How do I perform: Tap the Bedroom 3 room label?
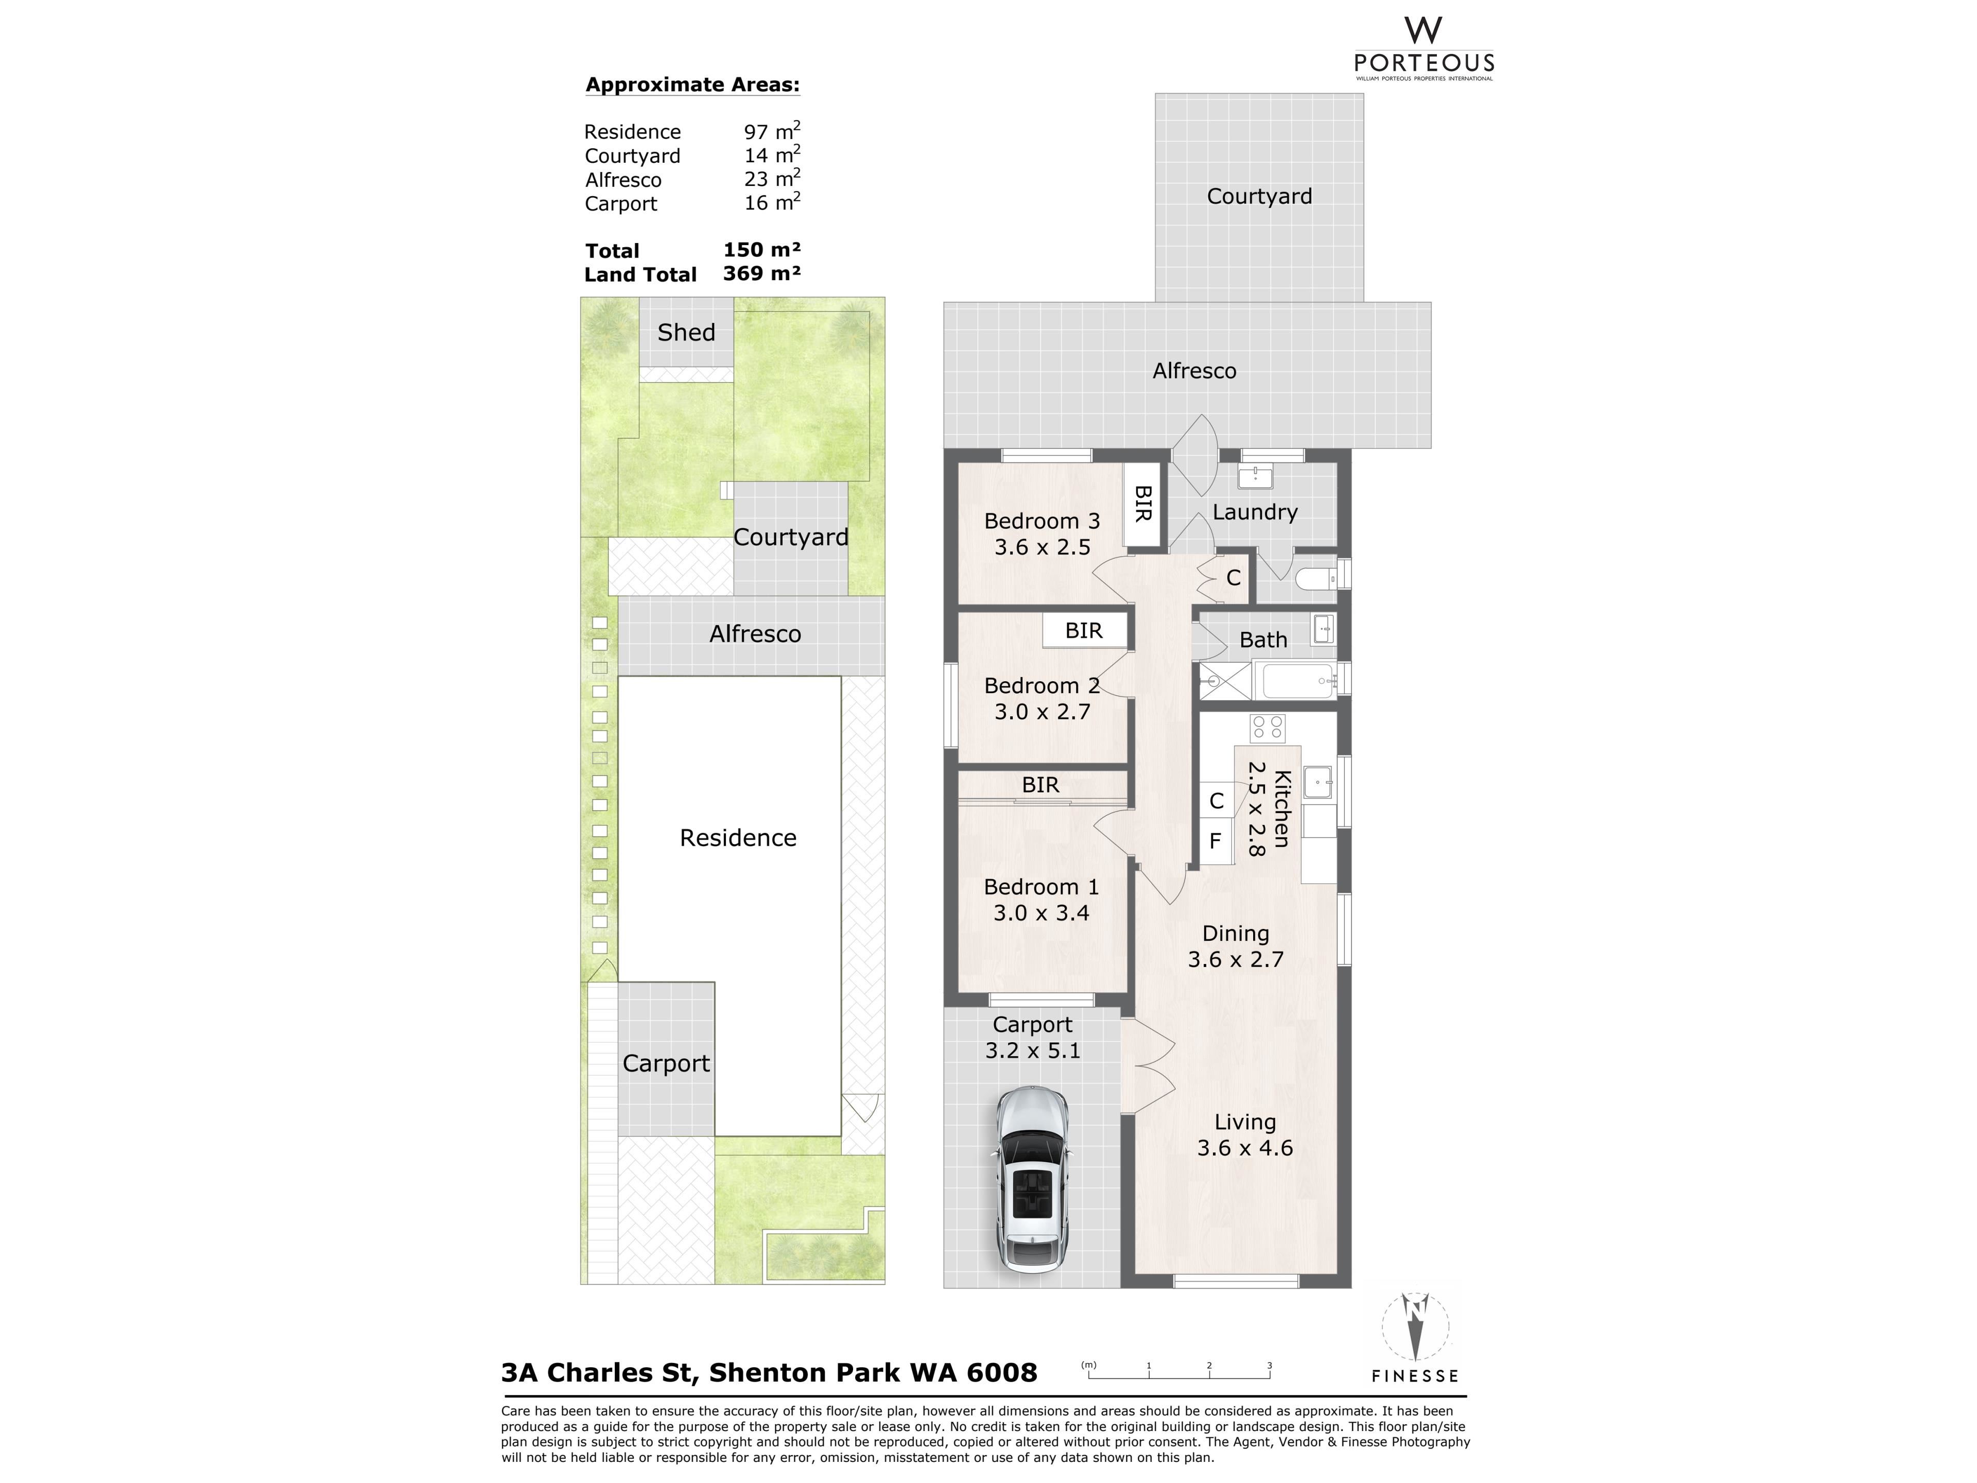coord(1042,521)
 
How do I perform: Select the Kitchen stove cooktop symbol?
coord(1268,729)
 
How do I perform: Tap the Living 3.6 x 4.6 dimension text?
coord(1245,1148)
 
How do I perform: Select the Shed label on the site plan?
coord(686,333)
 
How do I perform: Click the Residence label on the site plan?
coord(738,838)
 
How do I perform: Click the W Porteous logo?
coord(1424,49)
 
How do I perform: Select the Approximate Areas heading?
coord(692,85)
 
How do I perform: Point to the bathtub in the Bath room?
coord(1295,681)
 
